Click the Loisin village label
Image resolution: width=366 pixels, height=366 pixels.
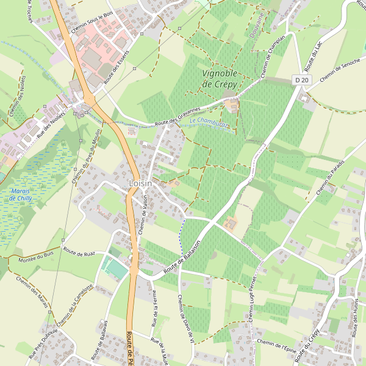pos(140,183)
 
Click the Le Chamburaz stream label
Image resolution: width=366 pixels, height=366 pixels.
pos(209,123)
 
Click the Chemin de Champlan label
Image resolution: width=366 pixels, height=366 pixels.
pos(272,57)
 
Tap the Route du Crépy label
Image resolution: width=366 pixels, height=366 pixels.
pos(306,345)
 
